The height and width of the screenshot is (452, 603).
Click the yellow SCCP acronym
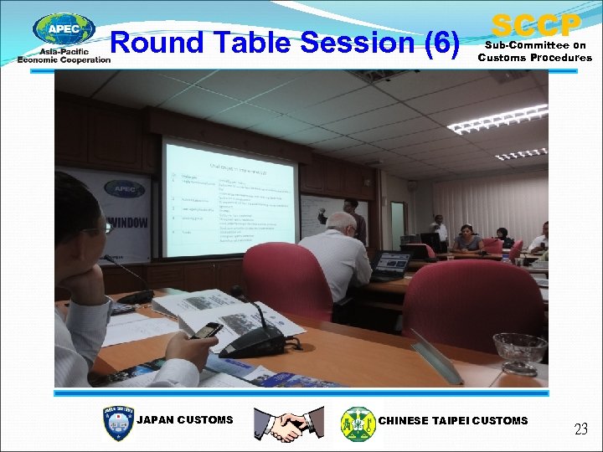click(x=535, y=23)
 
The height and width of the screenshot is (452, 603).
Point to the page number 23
click(x=580, y=429)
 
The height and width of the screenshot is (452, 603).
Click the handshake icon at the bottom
click(x=289, y=424)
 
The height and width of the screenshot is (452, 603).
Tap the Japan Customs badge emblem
click(x=117, y=424)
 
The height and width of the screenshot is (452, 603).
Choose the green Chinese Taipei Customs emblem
click(x=358, y=424)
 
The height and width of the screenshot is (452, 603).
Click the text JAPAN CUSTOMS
click(x=185, y=420)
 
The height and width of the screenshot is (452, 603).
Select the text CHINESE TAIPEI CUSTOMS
click(x=453, y=420)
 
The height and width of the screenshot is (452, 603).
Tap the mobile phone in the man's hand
click(x=206, y=331)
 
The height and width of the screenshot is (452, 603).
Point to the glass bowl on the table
click(x=519, y=348)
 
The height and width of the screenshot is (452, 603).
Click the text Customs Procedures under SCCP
click(x=534, y=58)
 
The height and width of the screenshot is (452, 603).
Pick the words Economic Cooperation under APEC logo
click(x=64, y=59)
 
